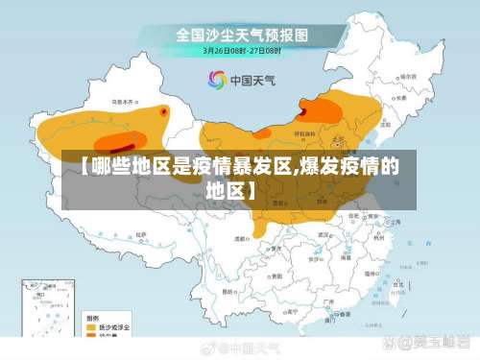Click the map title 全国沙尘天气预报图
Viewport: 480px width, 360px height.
coord(241,35)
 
